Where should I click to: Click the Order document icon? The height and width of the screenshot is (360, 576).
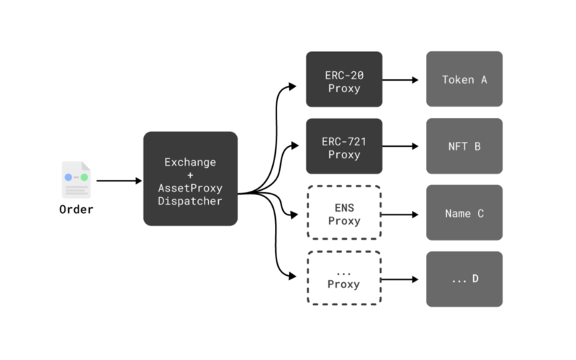tap(76, 180)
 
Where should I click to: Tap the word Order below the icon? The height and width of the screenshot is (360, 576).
tap(76, 210)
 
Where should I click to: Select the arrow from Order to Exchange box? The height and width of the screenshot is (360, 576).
tap(119, 181)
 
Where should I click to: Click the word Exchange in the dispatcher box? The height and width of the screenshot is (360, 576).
tap(190, 163)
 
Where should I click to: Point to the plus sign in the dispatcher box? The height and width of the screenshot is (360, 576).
tap(190, 175)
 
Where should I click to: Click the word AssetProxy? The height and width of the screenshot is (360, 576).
tap(190, 188)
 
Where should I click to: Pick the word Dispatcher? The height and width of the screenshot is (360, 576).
tap(190, 201)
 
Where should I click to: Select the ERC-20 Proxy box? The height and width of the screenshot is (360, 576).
tap(344, 79)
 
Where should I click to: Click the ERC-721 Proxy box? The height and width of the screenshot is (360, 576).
tap(344, 146)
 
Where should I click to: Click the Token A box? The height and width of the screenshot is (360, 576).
tap(464, 79)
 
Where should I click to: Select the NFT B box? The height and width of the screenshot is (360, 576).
tap(464, 146)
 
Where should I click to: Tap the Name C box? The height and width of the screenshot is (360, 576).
tap(464, 212)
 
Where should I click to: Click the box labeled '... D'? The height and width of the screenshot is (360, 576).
tap(464, 279)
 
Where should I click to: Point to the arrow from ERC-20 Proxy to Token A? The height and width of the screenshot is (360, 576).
tap(400, 80)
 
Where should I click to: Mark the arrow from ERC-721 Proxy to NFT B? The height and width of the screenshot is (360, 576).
tap(400, 146)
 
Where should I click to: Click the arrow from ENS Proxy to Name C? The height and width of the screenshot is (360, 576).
tap(400, 215)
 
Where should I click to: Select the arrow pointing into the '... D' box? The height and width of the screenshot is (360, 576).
tap(400, 279)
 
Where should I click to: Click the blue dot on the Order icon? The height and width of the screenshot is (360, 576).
tap(68, 177)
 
